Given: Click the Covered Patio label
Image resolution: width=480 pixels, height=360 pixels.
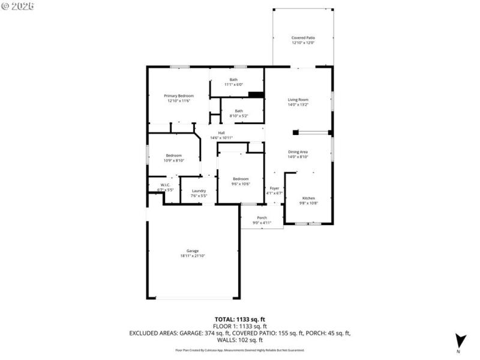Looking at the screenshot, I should click(x=303, y=40).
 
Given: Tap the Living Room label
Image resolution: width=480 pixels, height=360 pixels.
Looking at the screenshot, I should click(x=298, y=103).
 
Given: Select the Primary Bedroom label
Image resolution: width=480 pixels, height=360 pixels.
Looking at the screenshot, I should click(x=179, y=98).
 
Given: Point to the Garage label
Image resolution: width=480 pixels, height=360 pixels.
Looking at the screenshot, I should click(x=193, y=253).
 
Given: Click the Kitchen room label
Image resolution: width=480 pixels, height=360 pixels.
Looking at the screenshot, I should click(x=308, y=200).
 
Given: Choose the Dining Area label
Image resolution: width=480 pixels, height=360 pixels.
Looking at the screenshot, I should click(x=298, y=154).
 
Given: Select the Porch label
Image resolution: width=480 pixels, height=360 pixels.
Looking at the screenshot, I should click(x=262, y=220).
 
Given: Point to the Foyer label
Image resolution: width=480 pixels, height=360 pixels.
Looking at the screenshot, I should click(x=274, y=191).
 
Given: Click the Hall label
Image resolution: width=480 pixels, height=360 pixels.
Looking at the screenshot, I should click(x=221, y=136).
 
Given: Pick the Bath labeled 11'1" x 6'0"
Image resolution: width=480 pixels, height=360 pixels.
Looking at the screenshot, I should click(x=236, y=82).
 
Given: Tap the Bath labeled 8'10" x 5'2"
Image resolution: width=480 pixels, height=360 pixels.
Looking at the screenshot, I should click(x=239, y=113).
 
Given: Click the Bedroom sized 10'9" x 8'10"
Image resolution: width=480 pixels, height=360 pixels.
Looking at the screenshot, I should click(x=174, y=158).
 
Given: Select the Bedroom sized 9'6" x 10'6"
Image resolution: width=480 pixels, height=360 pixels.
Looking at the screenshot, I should click(x=241, y=181).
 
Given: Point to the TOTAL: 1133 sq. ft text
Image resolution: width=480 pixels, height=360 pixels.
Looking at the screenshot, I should click(x=239, y=319).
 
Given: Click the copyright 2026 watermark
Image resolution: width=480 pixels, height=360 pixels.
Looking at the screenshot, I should click(x=18, y=5).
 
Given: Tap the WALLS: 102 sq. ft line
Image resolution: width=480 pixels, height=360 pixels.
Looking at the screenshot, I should click(x=239, y=340).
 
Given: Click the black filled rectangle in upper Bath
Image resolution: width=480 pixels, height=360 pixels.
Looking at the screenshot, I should click(x=256, y=94).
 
